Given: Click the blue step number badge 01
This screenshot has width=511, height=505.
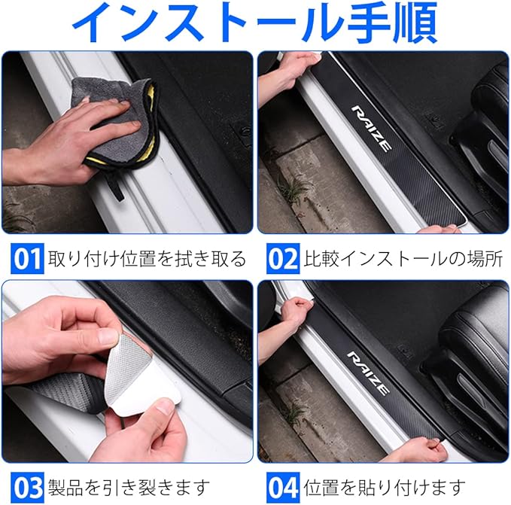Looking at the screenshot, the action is [27, 258].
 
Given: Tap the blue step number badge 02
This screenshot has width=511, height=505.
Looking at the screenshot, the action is [283, 258].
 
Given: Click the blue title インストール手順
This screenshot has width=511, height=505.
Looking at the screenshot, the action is [255, 22].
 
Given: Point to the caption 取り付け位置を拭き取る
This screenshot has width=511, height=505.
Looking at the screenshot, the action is [147, 259].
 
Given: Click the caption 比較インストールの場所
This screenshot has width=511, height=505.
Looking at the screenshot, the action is [403, 259].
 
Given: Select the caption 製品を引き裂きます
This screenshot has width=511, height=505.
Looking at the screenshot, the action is [129, 488].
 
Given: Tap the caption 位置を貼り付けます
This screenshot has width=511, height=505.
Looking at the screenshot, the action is [385, 488].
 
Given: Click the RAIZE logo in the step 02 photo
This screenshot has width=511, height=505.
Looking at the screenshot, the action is [371, 129].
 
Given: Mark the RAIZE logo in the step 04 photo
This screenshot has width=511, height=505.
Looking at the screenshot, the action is [368, 373].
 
